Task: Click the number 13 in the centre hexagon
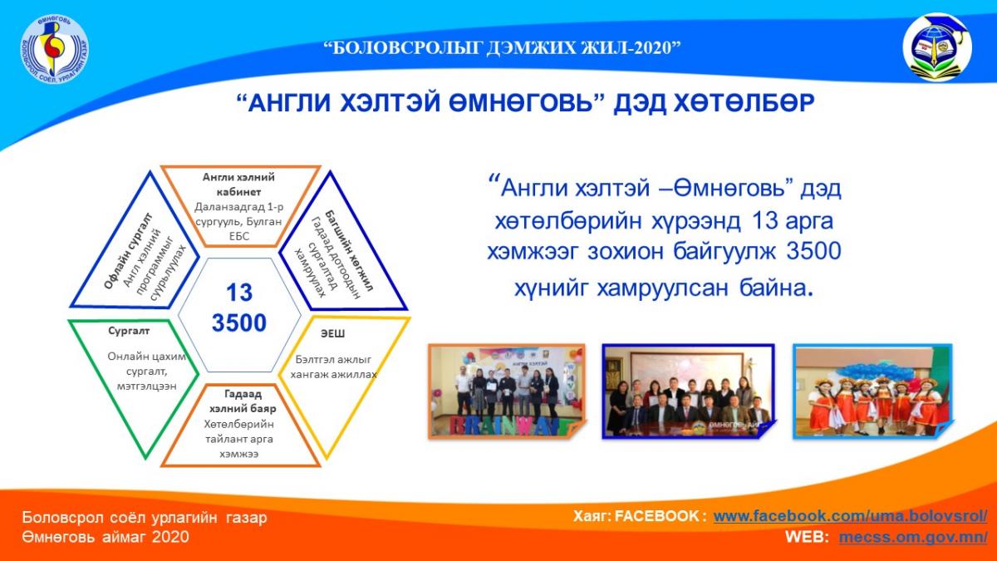pos(239,293)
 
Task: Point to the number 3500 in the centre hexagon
pos(239,323)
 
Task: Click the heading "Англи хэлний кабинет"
pos(238,185)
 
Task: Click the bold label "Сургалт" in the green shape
pos(129,331)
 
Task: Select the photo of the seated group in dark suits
pos(688,391)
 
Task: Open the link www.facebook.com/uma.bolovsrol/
pos(850,516)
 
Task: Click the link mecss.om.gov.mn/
pos(913,537)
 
